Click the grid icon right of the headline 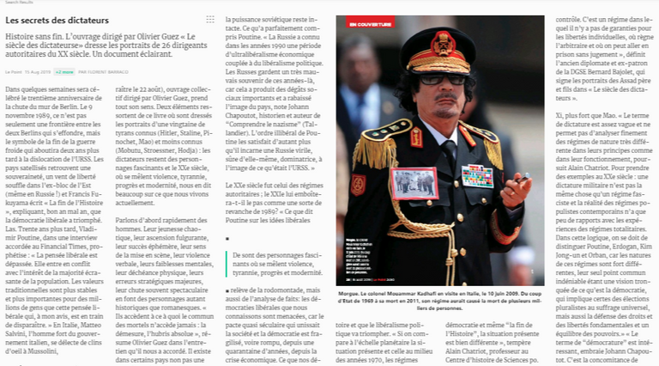click(x=210, y=19)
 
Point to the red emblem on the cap click(x=443, y=40)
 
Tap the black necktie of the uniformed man click(x=448, y=159)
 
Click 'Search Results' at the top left click(x=18, y=3)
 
